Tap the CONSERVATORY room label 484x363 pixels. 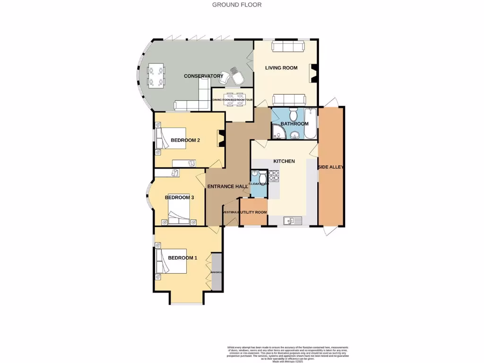point(203,76)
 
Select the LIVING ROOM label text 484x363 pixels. point(281,68)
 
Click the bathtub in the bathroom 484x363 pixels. point(311,124)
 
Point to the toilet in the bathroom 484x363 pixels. point(293,115)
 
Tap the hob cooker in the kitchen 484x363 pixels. point(274,177)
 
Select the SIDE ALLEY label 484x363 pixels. point(331,167)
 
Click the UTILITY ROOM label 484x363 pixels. point(254,213)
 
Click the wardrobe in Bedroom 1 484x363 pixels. point(216,272)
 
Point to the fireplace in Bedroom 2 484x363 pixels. point(220,138)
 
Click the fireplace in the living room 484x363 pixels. point(313,73)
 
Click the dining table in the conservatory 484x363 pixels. point(157,76)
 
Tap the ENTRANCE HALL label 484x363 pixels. point(227,187)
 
